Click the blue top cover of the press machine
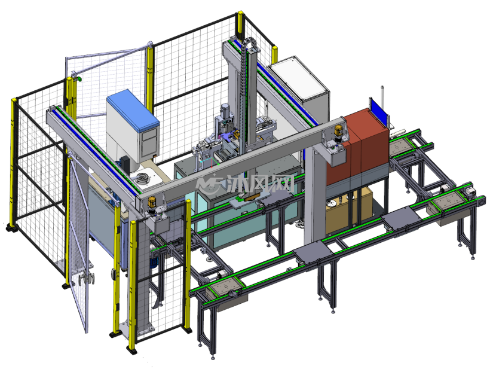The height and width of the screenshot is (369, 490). (133, 109)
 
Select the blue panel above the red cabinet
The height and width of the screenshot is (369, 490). (378, 111)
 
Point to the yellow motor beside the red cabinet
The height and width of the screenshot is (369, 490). (339, 131)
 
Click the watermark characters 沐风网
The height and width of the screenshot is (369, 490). (261, 183)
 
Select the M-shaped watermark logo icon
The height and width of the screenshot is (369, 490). (209, 184)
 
